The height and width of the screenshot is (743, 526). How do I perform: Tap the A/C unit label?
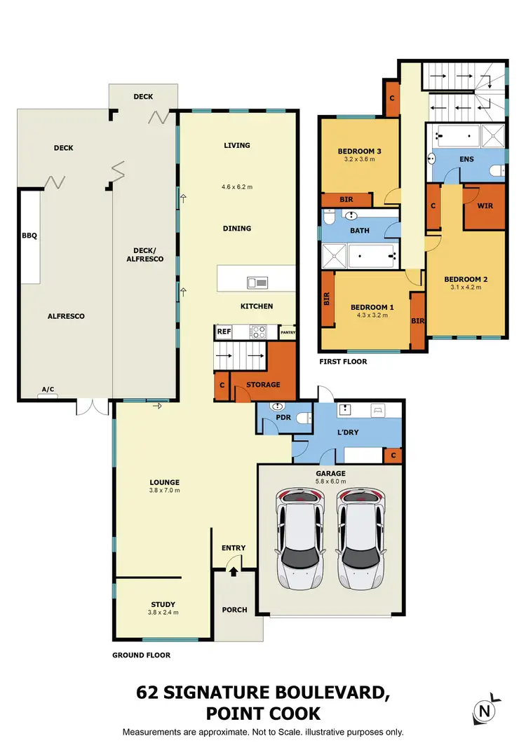48,390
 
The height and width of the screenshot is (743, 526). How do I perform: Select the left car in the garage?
301,538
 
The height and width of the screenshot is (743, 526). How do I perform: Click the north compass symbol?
483,711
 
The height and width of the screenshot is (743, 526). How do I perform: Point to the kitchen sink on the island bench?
257,282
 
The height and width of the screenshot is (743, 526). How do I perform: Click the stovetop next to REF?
257,332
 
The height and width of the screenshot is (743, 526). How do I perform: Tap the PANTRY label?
288,332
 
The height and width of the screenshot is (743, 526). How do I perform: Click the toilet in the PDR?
302,418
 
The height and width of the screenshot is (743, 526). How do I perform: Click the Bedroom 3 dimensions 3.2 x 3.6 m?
360,160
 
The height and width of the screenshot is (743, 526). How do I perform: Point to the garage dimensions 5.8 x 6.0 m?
330,482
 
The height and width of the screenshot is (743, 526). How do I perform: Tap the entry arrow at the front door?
234,572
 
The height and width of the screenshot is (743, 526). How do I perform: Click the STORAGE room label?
263,384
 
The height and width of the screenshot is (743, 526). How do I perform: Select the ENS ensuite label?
466,159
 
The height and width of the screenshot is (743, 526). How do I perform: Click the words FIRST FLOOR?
344,362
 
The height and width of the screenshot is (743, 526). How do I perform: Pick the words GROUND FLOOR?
141,655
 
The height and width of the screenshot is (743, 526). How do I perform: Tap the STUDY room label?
163,604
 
